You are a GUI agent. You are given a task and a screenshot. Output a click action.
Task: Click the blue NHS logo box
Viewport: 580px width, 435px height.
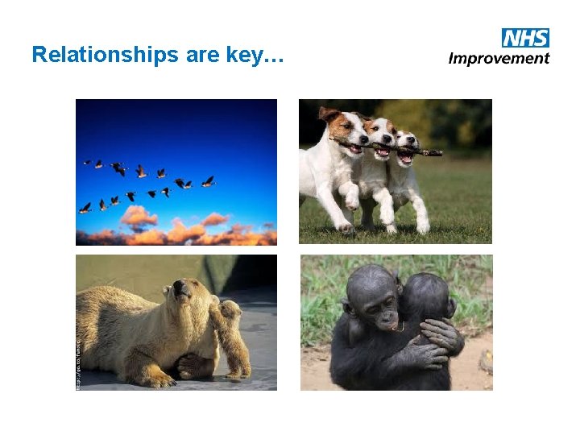click(x=525, y=37)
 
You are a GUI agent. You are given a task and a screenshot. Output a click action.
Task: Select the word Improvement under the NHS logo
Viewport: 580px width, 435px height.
click(x=499, y=58)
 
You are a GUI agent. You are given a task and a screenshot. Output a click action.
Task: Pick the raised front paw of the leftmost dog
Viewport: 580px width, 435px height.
click(x=347, y=198)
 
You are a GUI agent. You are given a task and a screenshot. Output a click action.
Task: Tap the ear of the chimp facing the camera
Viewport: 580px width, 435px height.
click(x=349, y=307)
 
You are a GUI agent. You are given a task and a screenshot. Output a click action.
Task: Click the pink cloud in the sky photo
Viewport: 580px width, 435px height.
click(x=138, y=215)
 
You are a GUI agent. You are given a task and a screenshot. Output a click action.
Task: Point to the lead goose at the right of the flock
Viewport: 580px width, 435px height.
click(x=208, y=182)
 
